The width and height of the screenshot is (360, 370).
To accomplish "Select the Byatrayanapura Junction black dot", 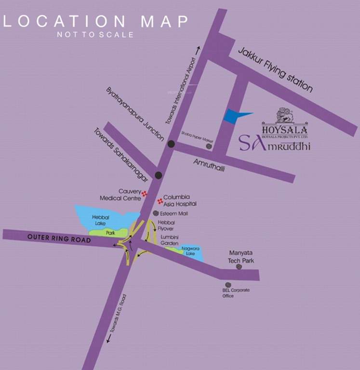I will pyautogui.click(x=171, y=144).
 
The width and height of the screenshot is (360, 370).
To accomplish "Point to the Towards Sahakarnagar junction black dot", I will pyautogui.click(x=158, y=175).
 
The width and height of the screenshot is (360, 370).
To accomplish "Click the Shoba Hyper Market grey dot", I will pyautogui.click(x=209, y=145).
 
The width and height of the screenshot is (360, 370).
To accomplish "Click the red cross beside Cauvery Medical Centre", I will pyautogui.click(x=144, y=194).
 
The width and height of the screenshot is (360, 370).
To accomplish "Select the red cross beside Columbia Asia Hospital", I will pyautogui.click(x=160, y=200).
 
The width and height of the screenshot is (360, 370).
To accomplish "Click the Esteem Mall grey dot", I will pyautogui.click(x=156, y=213).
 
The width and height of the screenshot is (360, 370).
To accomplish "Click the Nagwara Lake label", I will pyautogui.click(x=190, y=251).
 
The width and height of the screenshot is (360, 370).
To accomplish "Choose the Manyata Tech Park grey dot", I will pyautogui.click(x=238, y=266).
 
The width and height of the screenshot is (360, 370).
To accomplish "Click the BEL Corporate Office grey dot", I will pyautogui.click(x=228, y=285).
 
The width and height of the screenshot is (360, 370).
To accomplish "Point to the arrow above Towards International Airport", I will pyautogui.click(x=197, y=49).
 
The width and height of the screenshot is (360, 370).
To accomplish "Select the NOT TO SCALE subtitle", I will pyautogui.click(x=95, y=35).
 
